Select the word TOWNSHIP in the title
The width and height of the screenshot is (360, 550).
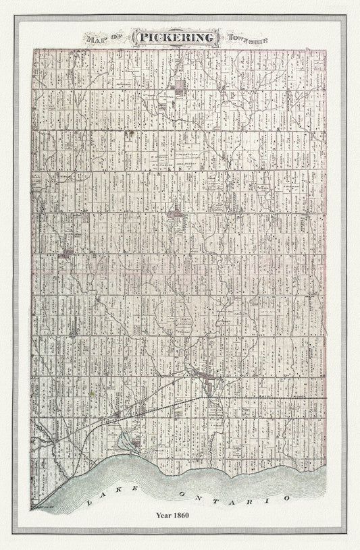pos(249,38)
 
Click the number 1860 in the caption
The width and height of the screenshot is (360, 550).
pos(195,516)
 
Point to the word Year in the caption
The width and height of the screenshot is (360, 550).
pos(169,516)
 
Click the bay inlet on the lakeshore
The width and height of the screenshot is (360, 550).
pos(126,442)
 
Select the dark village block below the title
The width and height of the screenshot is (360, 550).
pos(180,86)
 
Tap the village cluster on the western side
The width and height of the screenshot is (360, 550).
pos(67,254)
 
